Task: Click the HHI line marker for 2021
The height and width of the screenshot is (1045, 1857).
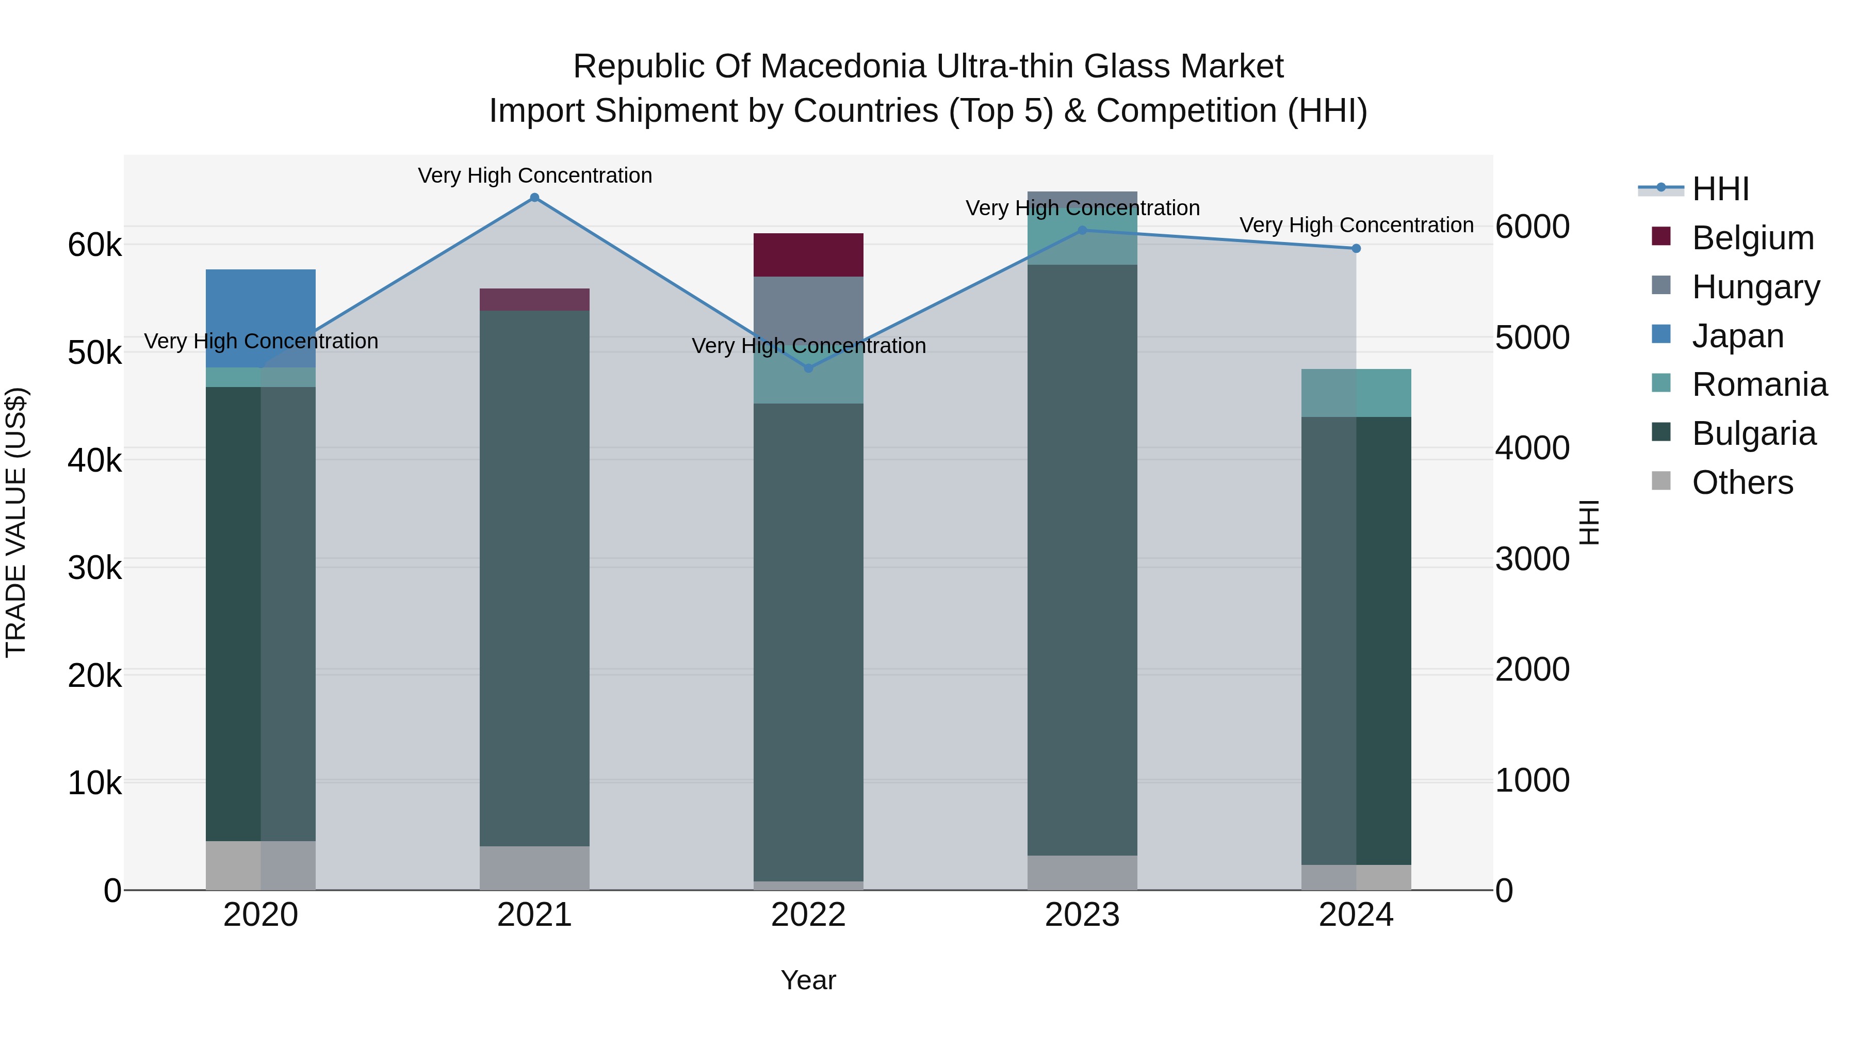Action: coord(534,198)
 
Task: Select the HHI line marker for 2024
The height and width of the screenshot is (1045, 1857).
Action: coord(1356,248)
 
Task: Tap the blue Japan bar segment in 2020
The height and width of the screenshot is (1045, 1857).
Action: coord(260,317)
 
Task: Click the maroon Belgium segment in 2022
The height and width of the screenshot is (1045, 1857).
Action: coord(808,254)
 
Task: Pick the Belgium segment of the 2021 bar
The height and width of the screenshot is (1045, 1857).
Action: coord(534,299)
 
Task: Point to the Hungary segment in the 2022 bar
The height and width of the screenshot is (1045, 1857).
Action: coord(808,303)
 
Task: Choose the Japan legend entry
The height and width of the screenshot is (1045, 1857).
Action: coord(1737,336)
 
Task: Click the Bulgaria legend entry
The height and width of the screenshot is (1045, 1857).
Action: coord(1753,433)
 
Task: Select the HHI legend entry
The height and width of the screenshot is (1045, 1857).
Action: coord(1720,189)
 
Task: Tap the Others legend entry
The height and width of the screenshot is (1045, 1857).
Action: coord(1741,483)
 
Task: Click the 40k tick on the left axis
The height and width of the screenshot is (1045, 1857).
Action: coord(94,460)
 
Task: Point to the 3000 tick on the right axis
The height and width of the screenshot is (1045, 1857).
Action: coord(1532,559)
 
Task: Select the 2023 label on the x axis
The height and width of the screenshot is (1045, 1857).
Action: coord(1082,915)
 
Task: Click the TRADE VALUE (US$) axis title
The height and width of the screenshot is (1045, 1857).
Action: coord(16,522)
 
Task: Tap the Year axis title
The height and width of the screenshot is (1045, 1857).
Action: coord(808,980)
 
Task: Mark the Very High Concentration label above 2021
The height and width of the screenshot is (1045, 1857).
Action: coord(534,175)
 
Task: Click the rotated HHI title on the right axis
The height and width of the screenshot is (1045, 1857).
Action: coord(1589,522)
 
